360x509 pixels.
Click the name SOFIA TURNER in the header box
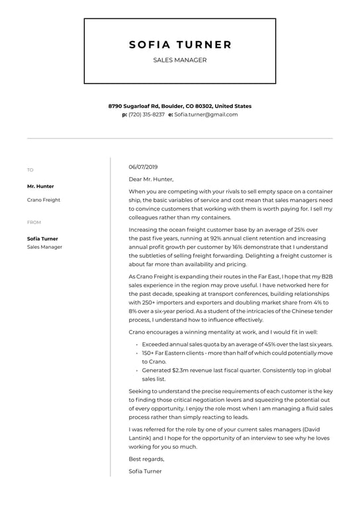pos(180,45)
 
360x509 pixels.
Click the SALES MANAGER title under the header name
pos(180,60)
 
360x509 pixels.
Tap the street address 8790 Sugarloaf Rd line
pos(180,106)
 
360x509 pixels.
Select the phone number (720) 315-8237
pos(147,115)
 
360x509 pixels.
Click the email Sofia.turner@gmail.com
pos(206,115)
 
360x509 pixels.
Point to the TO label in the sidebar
pos(30,170)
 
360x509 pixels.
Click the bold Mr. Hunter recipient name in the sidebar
pos(40,186)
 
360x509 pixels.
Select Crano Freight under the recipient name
pos(44,199)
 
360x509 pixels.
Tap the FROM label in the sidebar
pos(34,222)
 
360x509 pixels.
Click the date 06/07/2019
pos(144,167)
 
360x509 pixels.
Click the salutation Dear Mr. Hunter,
pos(151,179)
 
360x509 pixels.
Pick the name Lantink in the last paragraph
pos(140,438)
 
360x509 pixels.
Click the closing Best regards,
pos(147,459)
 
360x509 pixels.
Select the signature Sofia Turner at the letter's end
pos(145,471)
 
